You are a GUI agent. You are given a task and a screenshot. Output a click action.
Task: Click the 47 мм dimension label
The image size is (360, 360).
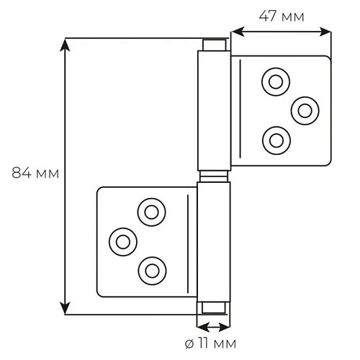282,17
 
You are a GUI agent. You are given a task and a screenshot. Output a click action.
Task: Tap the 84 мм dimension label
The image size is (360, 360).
35,173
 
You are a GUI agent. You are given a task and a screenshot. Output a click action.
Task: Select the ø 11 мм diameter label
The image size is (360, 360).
210,343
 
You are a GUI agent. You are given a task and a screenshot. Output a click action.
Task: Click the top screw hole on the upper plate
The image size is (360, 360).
276,82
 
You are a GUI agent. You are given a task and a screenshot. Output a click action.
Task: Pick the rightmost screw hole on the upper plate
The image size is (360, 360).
305,111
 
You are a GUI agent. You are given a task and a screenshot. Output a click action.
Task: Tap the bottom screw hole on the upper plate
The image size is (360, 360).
276,140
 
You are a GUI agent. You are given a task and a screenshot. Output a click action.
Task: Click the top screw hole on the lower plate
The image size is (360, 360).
152,212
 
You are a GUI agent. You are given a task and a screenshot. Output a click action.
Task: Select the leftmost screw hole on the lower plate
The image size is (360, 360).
123,242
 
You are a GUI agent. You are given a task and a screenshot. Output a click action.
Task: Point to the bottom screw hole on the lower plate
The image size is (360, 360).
152,271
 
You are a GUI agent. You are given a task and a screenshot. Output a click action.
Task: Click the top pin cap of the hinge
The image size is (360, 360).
214,45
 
